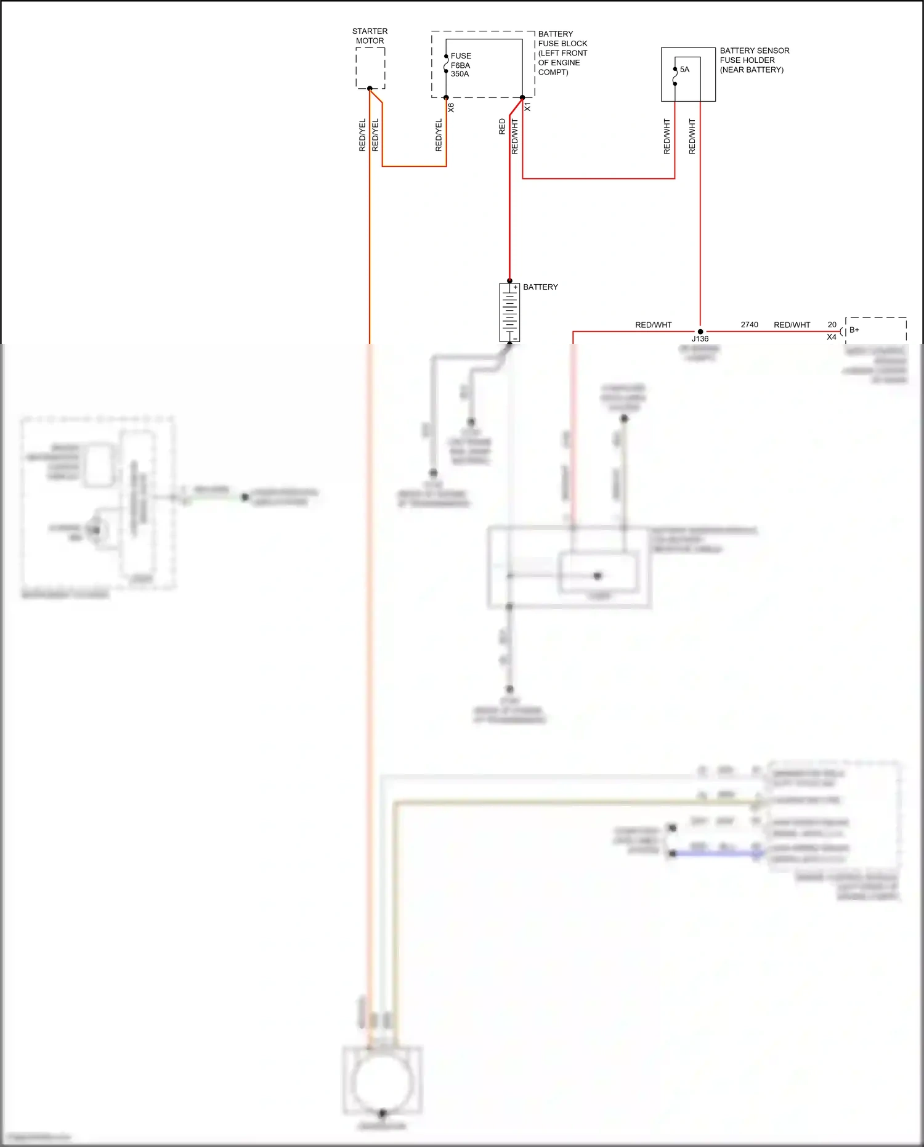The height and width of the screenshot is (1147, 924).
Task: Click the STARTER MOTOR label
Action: click(x=370, y=36)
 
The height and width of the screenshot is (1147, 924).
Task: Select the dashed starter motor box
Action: click(x=370, y=68)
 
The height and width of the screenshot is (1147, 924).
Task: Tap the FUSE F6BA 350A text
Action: click(x=460, y=65)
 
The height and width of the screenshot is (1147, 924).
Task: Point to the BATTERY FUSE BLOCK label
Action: click(x=562, y=53)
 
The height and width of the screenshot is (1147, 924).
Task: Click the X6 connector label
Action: click(x=451, y=107)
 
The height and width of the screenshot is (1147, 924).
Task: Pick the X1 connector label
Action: click(x=527, y=107)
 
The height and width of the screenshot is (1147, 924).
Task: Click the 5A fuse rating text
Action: click(x=684, y=70)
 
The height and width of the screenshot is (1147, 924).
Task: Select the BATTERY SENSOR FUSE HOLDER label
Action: click(x=754, y=60)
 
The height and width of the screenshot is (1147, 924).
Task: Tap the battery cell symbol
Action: click(x=509, y=312)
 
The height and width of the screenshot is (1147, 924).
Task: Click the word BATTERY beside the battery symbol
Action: click(x=540, y=287)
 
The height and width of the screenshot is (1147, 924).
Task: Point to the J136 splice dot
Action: click(x=700, y=332)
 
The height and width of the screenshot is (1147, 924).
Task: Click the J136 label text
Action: click(x=700, y=339)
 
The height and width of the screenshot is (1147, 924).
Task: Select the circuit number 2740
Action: click(x=749, y=325)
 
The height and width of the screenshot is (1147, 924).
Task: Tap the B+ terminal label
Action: click(x=854, y=330)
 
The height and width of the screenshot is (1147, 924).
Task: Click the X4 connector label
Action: click(x=832, y=337)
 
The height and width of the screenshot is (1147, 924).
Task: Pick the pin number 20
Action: click(x=832, y=325)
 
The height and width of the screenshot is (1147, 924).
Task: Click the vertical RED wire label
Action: click(x=502, y=127)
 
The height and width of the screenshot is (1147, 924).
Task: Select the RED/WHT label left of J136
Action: click(x=653, y=325)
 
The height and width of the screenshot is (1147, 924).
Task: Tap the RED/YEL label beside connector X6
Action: click(x=439, y=136)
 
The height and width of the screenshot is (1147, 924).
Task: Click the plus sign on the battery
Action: click(x=515, y=287)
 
